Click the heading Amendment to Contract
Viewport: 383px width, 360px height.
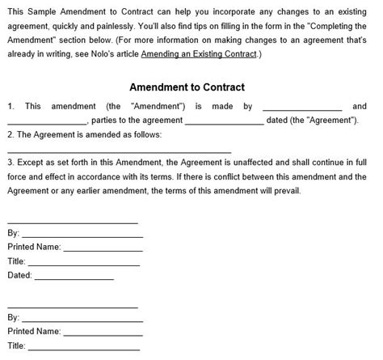tap(187, 87)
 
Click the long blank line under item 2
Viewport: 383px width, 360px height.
tap(119, 151)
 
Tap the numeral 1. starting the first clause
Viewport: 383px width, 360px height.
tap(11, 107)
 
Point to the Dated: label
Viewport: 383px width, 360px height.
tap(19, 276)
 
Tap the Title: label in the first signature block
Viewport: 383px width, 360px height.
tap(17, 261)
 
